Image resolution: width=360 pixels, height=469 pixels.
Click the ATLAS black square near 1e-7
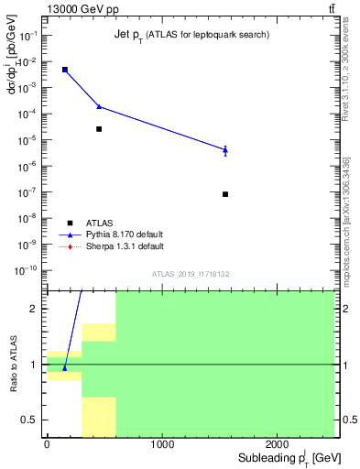tap(225, 194)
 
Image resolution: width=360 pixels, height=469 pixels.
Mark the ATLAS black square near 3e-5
tap(99, 129)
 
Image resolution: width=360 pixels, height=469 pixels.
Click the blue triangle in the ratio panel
tap(64, 368)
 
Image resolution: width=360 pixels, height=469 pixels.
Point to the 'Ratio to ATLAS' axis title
tap(14, 364)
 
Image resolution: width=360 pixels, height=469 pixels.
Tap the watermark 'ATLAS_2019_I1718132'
tap(191, 274)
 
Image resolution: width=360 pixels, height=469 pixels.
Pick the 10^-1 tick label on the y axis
tap(28, 36)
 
